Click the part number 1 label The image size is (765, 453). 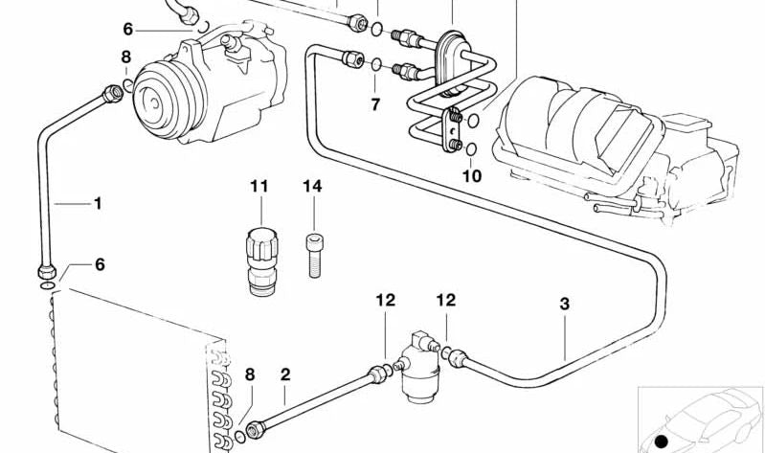[97, 203]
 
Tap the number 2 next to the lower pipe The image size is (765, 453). [284, 374]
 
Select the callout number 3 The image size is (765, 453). [565, 305]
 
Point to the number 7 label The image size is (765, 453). [375, 102]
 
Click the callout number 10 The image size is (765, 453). [472, 175]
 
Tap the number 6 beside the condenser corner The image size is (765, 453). [100, 265]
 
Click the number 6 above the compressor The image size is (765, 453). [128, 30]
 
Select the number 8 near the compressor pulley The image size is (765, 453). [125, 58]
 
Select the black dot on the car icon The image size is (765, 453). [661, 441]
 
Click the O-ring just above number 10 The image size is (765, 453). [472, 148]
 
